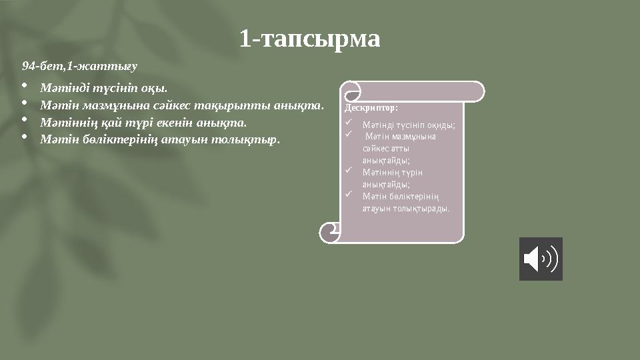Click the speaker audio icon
click(541, 259)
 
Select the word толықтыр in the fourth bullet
click(253, 140)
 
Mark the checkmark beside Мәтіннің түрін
click(349, 171)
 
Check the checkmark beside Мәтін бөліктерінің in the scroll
click(349, 195)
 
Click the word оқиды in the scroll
click(443, 125)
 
